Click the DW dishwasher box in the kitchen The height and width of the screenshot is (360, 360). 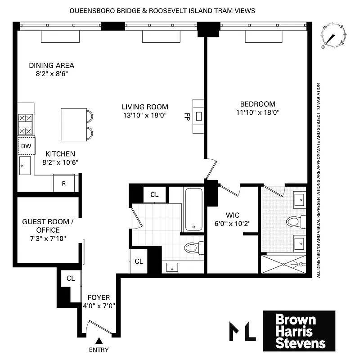click(26, 146)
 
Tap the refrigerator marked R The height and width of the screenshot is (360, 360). click(63, 183)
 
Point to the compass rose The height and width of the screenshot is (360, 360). click(333, 36)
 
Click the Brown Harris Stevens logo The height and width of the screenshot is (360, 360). click(299, 331)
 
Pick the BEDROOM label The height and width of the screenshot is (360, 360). click(258, 104)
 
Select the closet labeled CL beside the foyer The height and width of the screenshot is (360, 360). click(71, 279)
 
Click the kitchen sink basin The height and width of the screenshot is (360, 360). click(25, 166)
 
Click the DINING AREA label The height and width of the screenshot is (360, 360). click(51, 65)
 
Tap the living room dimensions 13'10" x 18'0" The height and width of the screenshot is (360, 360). click(145, 115)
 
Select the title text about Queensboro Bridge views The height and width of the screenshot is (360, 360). click(162, 10)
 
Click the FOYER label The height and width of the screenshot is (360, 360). click(99, 297)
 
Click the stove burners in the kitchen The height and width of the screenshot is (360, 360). click(26, 125)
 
